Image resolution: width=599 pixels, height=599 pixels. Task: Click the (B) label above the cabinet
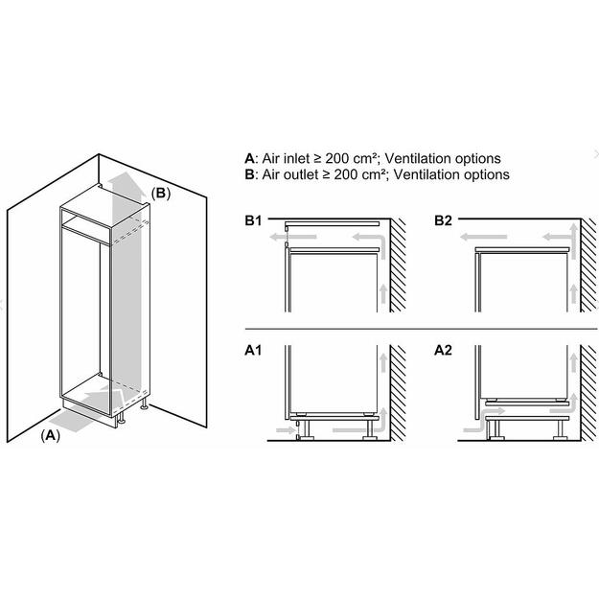(162, 193)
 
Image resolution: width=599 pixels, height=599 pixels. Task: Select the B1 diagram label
(253, 221)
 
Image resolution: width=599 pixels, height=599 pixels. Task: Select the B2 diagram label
(443, 221)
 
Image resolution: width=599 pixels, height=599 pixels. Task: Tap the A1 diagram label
(253, 351)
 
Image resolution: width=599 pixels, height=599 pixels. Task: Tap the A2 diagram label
(443, 351)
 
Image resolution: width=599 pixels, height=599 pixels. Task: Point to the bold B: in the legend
(251, 174)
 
